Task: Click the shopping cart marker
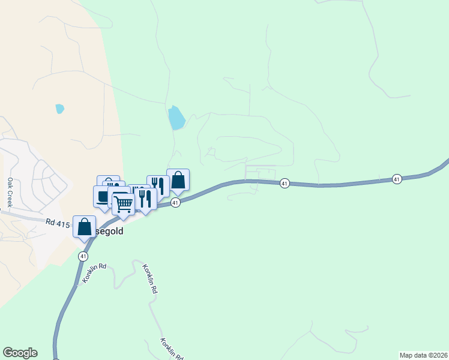click(124, 204)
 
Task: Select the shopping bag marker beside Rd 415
click(85, 227)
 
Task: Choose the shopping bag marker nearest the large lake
click(178, 180)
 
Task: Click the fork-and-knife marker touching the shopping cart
click(145, 197)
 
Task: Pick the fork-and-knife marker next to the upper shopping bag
click(158, 186)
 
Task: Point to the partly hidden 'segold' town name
click(109, 230)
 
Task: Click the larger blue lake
click(176, 118)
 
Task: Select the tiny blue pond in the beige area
click(59, 109)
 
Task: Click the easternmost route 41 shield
click(397, 179)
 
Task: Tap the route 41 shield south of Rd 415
click(83, 256)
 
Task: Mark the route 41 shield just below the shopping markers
click(175, 203)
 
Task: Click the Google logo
click(20, 353)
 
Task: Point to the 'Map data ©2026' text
click(423, 355)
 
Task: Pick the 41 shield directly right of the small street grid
click(285, 183)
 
